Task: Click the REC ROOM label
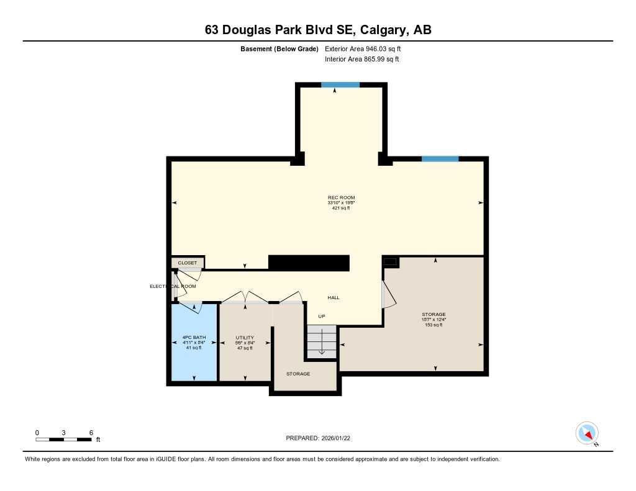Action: [x=341, y=197]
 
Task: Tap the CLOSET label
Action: [x=187, y=263]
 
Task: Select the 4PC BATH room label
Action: [x=194, y=338]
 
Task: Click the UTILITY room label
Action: [x=245, y=338]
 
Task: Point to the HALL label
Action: [x=334, y=298]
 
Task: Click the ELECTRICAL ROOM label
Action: [x=173, y=286]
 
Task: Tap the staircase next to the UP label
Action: [x=321, y=341]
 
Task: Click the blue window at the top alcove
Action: [x=340, y=85]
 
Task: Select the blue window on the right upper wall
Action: [x=440, y=160]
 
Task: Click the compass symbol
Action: [x=586, y=433]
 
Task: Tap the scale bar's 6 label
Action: [x=91, y=433]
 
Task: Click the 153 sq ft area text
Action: [x=434, y=325]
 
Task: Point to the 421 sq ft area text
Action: [x=341, y=209]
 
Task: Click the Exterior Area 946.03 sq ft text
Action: [x=368, y=48]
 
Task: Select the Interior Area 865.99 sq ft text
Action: [x=361, y=60]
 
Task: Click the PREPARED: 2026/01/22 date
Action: [x=322, y=438]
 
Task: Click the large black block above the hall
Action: [x=309, y=263]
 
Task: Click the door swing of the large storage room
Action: [x=388, y=292]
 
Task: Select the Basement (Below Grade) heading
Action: [x=279, y=48]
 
